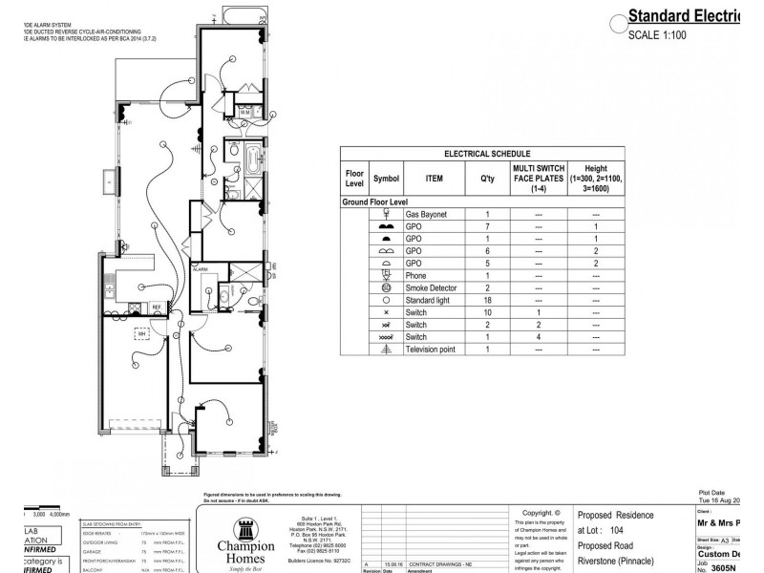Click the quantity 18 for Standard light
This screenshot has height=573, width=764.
487,300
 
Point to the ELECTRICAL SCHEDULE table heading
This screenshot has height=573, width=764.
481,154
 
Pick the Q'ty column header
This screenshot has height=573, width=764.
487,178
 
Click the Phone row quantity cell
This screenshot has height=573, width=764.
487,276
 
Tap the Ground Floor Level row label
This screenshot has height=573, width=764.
375,202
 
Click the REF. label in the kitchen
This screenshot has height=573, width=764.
157,307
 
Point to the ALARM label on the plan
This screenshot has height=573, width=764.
201,270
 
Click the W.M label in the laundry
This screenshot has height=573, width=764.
244,112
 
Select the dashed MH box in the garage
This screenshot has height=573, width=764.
142,334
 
